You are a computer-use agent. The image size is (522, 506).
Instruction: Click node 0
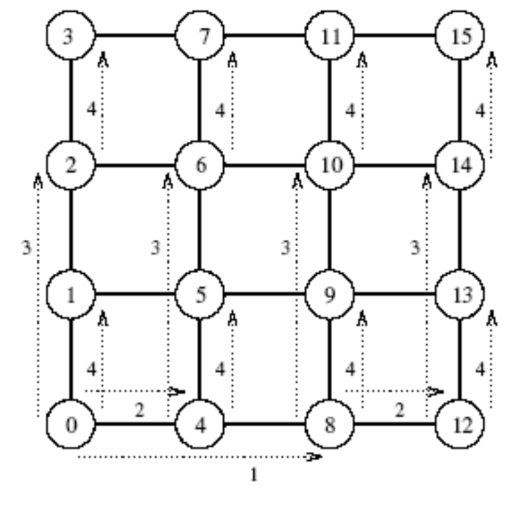(x=71, y=425)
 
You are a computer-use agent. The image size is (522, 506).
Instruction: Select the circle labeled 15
(x=460, y=36)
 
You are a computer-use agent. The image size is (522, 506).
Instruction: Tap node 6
(x=200, y=165)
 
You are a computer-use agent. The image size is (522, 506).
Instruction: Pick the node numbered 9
(x=330, y=294)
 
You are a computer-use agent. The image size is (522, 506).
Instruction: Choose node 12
(x=460, y=425)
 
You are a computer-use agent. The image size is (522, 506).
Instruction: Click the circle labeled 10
(x=330, y=165)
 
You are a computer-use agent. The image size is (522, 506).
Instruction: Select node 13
(x=460, y=294)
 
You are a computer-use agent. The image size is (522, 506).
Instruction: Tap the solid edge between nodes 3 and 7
(x=136, y=36)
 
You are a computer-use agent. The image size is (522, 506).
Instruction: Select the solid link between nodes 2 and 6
(x=136, y=165)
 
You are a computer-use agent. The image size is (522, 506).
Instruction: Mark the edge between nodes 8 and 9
(x=330, y=359)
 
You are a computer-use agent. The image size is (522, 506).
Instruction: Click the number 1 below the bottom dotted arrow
(x=254, y=475)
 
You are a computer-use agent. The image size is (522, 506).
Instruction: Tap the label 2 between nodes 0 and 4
(x=139, y=410)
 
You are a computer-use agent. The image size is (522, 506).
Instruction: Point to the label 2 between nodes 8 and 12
(x=400, y=410)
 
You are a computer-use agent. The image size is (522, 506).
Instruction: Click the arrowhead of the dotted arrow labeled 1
(x=316, y=457)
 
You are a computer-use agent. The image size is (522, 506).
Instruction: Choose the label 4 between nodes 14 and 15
(x=481, y=111)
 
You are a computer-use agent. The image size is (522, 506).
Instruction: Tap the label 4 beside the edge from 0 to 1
(x=91, y=369)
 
